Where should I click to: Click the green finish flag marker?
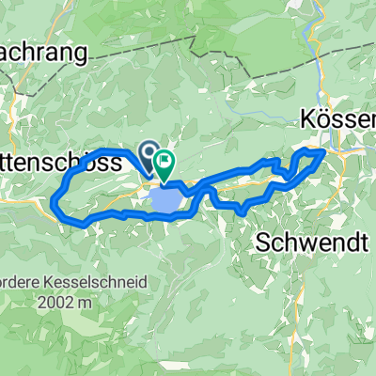(x=164, y=163)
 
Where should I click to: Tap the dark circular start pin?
(x=149, y=150)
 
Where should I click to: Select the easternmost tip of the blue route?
(x=325, y=150)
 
